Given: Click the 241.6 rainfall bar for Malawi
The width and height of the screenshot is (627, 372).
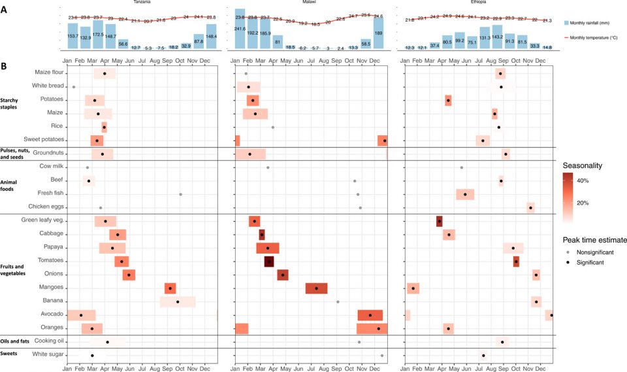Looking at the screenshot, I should point(240,37).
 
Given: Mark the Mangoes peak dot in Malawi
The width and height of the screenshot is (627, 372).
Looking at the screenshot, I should point(316,288).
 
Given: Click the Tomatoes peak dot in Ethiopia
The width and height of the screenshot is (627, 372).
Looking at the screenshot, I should point(516,262).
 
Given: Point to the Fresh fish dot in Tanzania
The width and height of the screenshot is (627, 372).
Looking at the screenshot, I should point(180,194).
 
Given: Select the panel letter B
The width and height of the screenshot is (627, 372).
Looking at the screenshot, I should point(4,67).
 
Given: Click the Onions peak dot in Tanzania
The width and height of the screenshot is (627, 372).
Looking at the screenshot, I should point(129,275).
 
